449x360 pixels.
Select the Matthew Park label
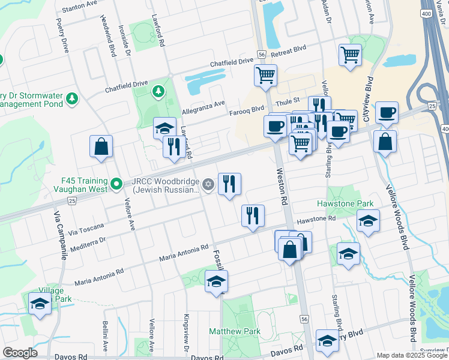pyautogui.click(x=235, y=331)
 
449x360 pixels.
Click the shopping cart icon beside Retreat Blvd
pyautogui.click(x=350, y=56)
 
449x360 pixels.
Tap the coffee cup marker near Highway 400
pyautogui.click(x=387, y=113)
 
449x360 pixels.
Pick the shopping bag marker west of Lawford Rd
pyautogui.click(x=101, y=147)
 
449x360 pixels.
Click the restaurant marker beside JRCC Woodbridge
pyautogui.click(x=229, y=184)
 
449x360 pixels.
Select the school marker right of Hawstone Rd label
pyautogui.click(x=369, y=221)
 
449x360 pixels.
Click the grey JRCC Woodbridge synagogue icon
pyautogui.click(x=208, y=184)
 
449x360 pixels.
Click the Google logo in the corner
pyautogui.click(x=20, y=353)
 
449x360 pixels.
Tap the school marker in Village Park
pyautogui.click(x=40, y=303)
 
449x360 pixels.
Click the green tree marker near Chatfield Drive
pyautogui.click(x=158, y=92)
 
